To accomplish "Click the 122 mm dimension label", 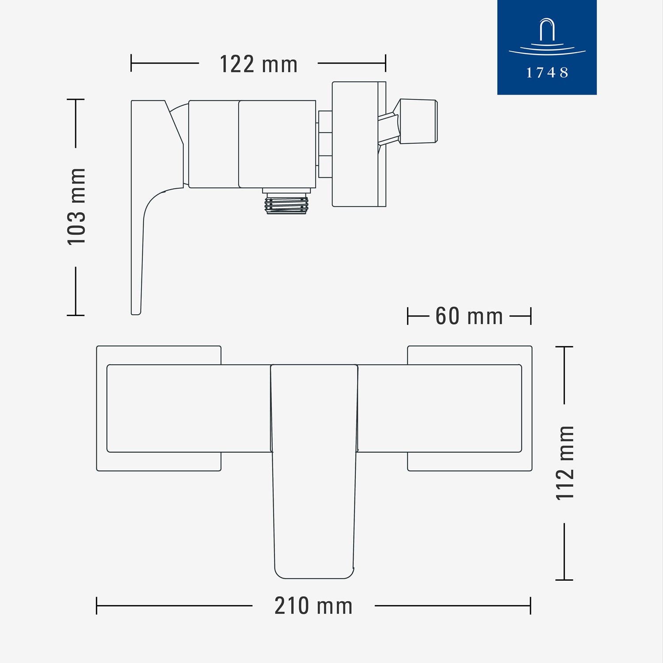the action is (x=259, y=64).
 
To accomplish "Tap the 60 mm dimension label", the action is (x=469, y=316).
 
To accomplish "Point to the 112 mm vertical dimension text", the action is (x=565, y=463).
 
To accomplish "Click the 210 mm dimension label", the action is (x=313, y=606).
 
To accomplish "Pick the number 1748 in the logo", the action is (x=547, y=72).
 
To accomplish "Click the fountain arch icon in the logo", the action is (x=547, y=30).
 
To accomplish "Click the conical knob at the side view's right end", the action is (x=418, y=121).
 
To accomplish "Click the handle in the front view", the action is (x=314, y=471).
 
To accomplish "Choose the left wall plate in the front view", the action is (x=159, y=408).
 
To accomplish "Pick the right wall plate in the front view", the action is (x=470, y=408).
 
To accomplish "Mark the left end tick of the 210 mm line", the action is (x=96, y=606).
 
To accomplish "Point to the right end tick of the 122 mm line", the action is (x=385, y=63).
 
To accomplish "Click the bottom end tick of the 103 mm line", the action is (x=76, y=315).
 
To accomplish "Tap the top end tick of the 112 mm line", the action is (x=564, y=347).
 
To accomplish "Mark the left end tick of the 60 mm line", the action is (x=408, y=316).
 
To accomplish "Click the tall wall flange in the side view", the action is (x=359, y=144).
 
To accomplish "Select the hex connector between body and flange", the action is (x=325, y=144).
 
